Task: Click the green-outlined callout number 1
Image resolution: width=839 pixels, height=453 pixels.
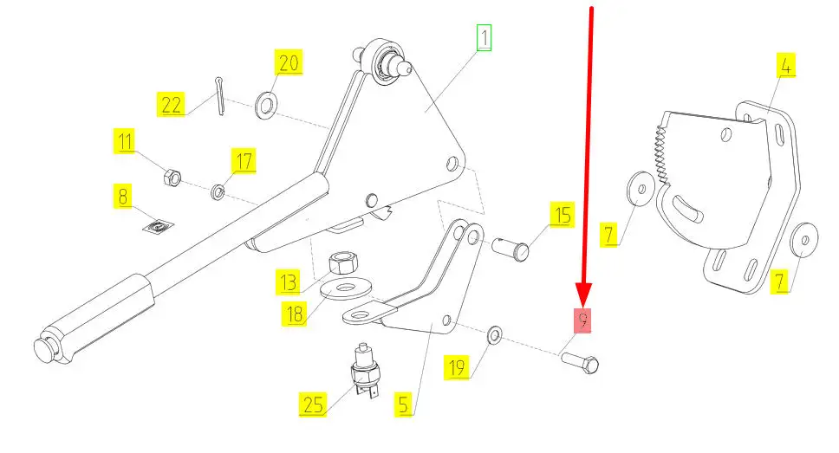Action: point(484,38)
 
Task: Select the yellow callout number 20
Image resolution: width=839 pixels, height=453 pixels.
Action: point(288,63)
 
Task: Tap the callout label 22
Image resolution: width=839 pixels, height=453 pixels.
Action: point(171,106)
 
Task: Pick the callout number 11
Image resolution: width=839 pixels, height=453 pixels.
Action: point(127,140)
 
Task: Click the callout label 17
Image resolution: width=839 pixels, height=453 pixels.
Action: point(243,161)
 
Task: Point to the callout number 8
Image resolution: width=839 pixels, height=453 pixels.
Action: point(123,197)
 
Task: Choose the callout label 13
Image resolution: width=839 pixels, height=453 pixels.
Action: point(288,282)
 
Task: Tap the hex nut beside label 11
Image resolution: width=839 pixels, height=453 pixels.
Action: point(172,178)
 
